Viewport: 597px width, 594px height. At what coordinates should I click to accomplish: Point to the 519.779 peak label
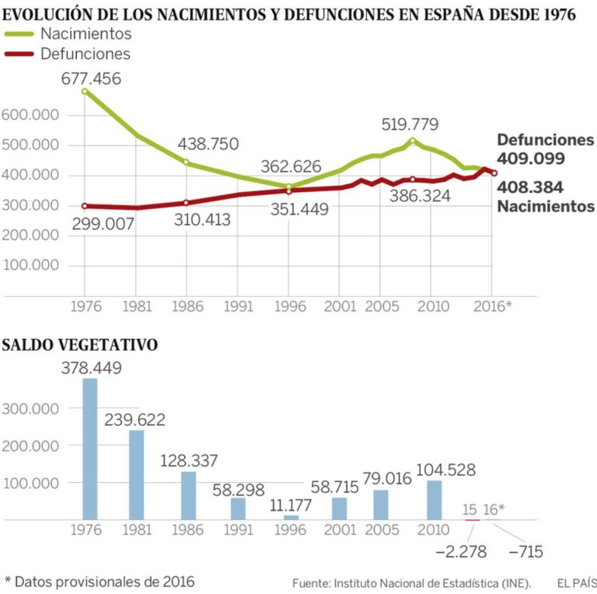point(410,124)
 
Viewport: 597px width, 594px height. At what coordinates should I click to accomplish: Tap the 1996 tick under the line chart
point(288,306)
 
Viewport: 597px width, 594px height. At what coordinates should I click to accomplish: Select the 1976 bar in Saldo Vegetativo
point(90,449)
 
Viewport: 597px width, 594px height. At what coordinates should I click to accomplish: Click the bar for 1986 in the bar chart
point(188,495)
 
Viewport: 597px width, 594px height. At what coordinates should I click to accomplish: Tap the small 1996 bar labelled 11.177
point(291,517)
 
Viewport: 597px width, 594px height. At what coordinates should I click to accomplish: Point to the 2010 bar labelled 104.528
point(435,500)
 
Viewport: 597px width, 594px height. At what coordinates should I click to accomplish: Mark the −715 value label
point(524,552)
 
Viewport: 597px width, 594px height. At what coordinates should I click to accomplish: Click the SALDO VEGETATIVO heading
point(80,344)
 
